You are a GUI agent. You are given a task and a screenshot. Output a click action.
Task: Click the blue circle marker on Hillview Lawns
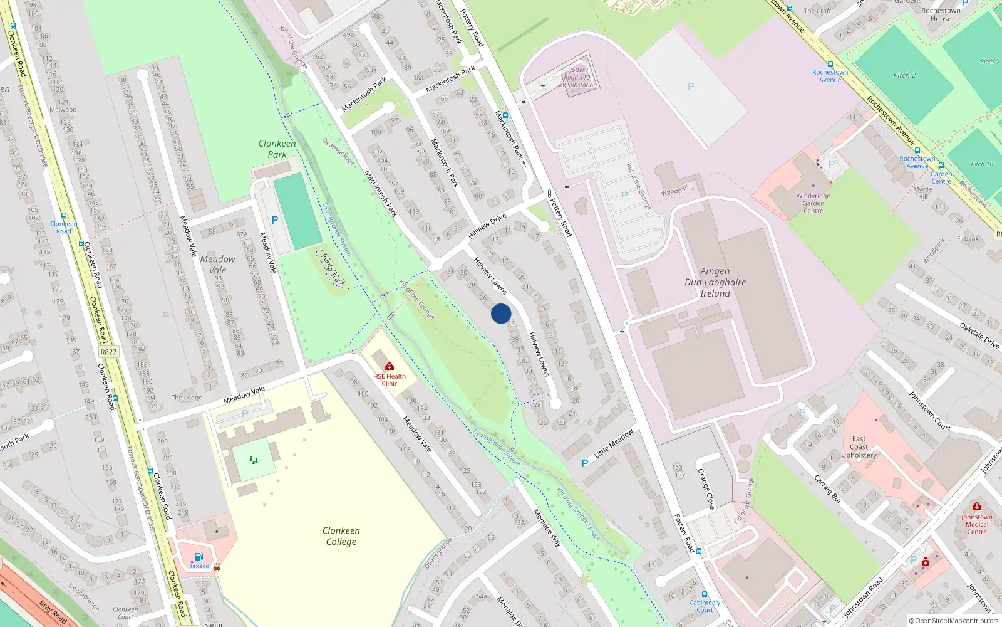tap(501, 313)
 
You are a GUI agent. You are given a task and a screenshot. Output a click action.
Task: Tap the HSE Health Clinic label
tap(390, 380)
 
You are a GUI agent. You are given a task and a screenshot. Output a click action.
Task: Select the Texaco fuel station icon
tap(199, 557)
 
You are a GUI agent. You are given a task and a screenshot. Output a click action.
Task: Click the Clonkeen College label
tap(341, 536)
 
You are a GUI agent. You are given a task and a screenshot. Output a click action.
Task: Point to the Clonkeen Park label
tap(277, 149)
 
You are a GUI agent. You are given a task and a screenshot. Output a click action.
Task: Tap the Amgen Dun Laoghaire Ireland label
tap(715, 282)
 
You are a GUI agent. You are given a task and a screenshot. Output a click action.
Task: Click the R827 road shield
tap(108, 352)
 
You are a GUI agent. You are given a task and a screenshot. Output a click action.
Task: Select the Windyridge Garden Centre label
tap(813, 203)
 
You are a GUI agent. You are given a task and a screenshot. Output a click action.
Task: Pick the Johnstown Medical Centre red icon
tap(976, 506)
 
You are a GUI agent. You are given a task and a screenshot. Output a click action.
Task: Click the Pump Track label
tap(333, 269)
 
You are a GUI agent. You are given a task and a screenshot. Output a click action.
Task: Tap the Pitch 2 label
tap(904, 75)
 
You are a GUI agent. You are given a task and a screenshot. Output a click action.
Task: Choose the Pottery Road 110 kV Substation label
tap(577, 78)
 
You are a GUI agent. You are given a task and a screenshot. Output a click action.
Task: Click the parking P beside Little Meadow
tap(585, 463)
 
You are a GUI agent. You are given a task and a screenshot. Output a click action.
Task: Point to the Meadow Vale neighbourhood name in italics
tap(217, 265)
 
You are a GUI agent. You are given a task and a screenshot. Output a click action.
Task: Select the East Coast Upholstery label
tap(859, 447)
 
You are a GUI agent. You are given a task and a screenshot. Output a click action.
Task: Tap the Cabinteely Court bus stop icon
tap(705, 594)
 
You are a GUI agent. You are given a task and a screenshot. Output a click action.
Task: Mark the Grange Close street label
tap(706, 489)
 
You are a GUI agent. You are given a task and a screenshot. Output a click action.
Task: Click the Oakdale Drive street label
tap(979, 335)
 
